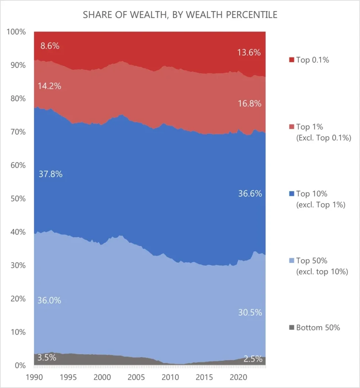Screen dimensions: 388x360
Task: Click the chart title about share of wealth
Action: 180,15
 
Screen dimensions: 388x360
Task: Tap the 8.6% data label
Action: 50,46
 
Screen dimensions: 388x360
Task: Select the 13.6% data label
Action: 249,53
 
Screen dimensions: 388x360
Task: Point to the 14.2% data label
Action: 49,86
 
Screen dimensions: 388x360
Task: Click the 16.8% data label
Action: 249,103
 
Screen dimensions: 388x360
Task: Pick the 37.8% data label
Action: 50,174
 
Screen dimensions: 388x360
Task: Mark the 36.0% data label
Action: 49,300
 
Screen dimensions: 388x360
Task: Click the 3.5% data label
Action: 47,357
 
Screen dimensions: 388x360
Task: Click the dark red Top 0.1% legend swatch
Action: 291,60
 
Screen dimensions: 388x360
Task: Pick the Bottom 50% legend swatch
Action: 291,328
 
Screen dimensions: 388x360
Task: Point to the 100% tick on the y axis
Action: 16,32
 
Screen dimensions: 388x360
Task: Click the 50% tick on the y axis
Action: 17,199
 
